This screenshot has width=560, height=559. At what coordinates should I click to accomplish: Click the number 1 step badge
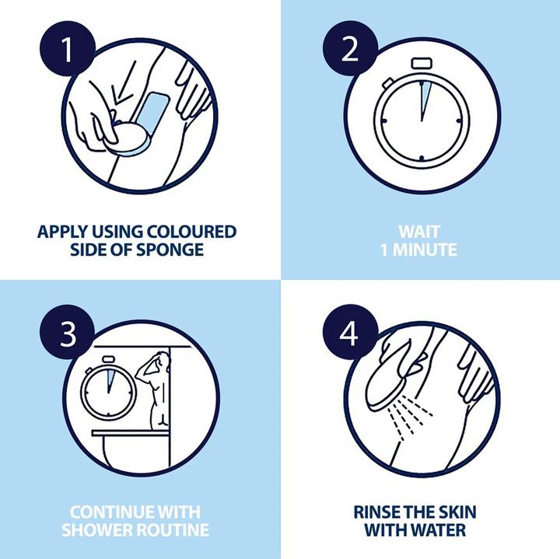[x=68, y=48]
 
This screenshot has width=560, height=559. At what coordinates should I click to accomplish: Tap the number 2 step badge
[x=350, y=48]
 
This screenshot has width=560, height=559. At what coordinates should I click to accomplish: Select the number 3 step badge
[x=68, y=333]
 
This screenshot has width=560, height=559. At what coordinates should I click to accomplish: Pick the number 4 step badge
[x=350, y=333]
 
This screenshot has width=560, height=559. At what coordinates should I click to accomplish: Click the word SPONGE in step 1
[x=170, y=249]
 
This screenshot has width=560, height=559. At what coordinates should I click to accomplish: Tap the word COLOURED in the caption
[x=191, y=232]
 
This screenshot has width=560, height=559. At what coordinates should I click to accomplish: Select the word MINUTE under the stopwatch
[x=425, y=250]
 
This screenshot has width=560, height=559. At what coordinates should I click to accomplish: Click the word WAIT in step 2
[x=419, y=232]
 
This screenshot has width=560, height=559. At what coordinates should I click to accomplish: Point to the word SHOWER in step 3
[x=96, y=529]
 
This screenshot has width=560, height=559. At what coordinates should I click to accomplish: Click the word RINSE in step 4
[x=374, y=512]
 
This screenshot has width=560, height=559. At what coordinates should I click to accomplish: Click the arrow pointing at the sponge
[x=124, y=83]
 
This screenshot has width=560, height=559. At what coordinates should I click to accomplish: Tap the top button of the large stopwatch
[x=422, y=63]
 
